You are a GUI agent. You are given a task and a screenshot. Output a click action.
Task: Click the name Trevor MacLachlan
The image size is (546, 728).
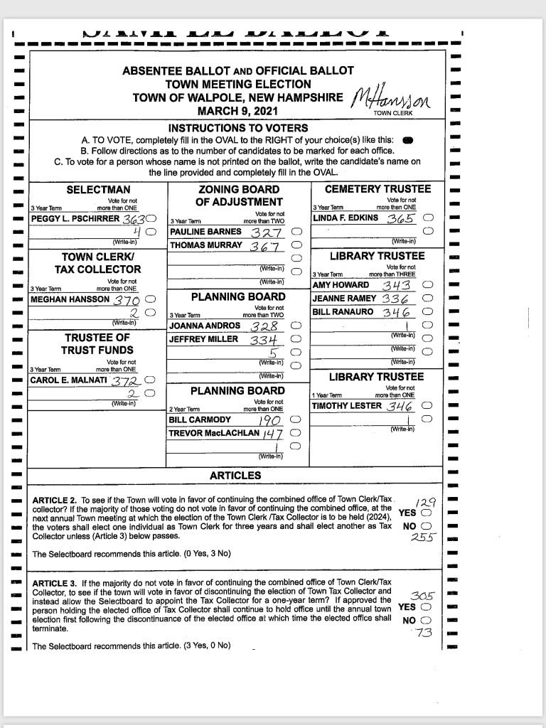(x=215, y=433)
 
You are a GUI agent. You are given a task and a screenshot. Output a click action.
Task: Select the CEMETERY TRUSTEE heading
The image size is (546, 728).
(x=378, y=189)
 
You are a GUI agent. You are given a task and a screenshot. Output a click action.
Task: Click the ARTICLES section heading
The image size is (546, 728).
(x=235, y=475)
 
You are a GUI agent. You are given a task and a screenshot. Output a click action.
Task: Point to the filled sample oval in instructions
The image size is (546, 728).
(x=408, y=140)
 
